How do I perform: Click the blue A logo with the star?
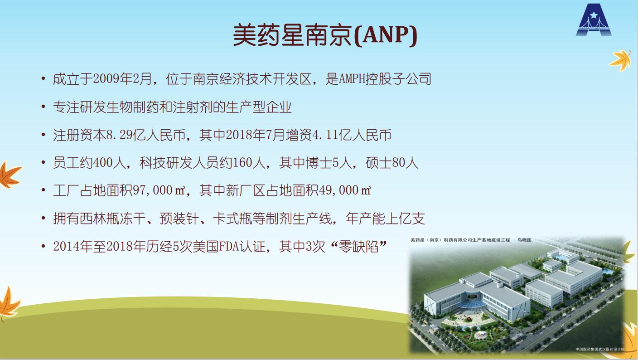coord(594,19)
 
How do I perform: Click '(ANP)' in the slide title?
coord(386,35)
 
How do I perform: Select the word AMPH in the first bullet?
coord(353,79)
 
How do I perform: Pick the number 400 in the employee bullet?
coord(103,163)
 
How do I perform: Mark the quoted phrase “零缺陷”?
coord(358,247)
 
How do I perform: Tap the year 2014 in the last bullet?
coord(66,247)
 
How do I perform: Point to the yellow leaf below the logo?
coord(620,60)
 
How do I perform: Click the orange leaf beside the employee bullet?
coord(10,175)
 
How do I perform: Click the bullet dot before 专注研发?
coord(43,106)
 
